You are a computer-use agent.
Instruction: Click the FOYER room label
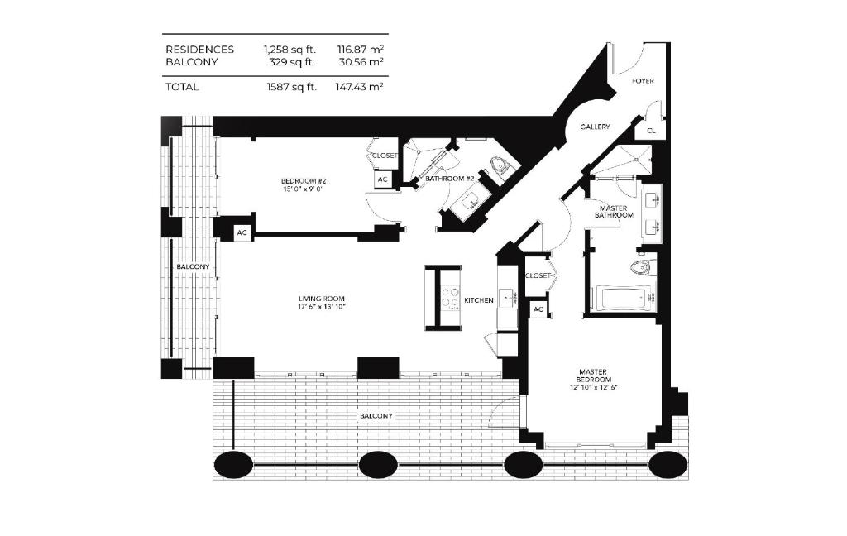(x=644, y=81)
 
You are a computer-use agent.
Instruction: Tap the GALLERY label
(x=595, y=127)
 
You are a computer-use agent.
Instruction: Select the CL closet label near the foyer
(x=651, y=131)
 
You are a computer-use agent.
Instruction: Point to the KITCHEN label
(x=479, y=300)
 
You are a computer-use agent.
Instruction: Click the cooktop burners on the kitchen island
(x=451, y=297)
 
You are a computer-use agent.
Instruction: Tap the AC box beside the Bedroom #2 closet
(x=383, y=179)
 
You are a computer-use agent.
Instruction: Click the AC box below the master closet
(x=538, y=309)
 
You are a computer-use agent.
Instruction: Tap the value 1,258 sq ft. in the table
(x=290, y=50)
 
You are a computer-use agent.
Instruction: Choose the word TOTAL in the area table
(x=182, y=86)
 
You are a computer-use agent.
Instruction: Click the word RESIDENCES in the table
(x=199, y=50)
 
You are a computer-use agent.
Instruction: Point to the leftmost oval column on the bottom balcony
(x=234, y=465)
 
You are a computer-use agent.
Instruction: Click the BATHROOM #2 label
(x=449, y=178)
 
